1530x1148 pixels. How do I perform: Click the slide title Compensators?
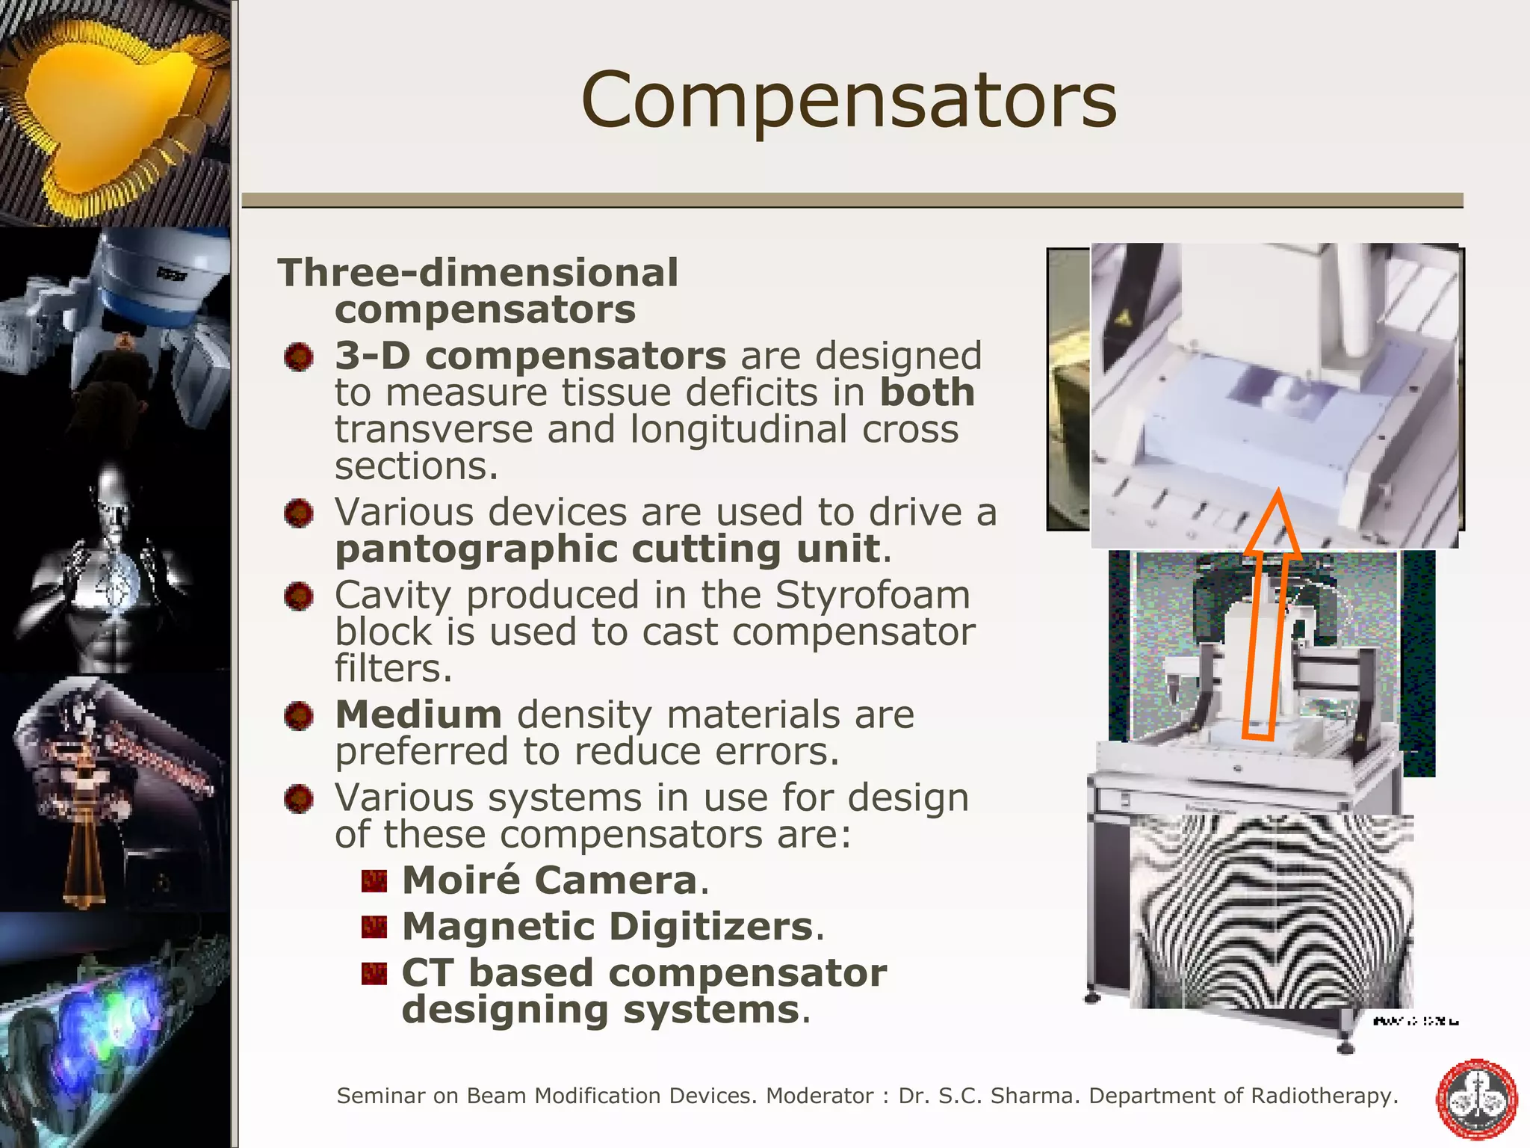point(849,100)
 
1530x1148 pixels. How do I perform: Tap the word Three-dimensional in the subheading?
point(478,273)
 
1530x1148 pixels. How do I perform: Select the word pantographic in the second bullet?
point(476,550)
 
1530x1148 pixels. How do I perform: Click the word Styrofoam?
point(873,596)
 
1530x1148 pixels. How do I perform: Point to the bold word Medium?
point(418,715)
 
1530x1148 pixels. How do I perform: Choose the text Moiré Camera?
point(549,880)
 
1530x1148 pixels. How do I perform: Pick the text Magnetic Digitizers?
point(607,927)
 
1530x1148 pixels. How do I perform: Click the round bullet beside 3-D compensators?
point(299,357)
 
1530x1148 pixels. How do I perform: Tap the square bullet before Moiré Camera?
point(374,882)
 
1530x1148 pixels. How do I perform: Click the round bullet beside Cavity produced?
point(299,596)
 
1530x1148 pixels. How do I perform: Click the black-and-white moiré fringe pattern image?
point(1270,912)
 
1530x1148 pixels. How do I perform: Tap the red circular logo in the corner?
point(1476,1099)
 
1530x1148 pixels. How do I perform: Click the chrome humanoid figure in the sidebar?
point(112,568)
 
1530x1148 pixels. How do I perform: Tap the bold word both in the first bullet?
point(927,393)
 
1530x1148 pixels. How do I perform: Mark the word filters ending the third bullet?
point(393,669)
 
